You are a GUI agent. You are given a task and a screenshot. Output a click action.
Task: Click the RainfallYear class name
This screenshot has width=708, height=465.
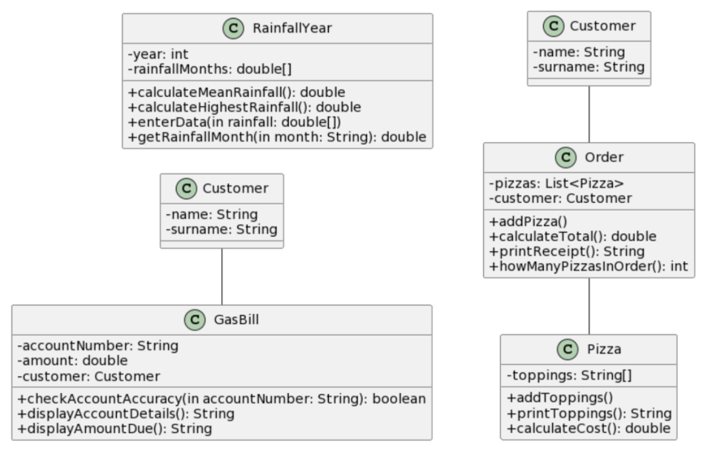point(292,28)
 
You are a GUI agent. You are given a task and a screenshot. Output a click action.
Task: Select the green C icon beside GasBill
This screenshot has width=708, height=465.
point(195,320)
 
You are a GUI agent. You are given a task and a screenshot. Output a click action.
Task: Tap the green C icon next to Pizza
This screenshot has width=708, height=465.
point(568,349)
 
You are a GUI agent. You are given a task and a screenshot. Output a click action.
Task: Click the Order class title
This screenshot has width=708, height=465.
point(604,157)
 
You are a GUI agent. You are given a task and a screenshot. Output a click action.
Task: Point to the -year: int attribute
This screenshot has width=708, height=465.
point(158,54)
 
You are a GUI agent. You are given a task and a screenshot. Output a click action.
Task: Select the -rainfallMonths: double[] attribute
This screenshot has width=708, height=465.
point(210,69)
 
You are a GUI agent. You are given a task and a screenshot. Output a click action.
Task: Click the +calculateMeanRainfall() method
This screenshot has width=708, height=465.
point(237,92)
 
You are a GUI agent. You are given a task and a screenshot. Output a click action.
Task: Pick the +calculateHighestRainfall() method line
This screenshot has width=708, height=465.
point(244,107)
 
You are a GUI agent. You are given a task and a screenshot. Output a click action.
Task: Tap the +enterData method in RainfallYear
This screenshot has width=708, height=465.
point(234,122)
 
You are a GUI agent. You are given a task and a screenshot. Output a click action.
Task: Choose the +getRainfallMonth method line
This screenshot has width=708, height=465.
point(277,137)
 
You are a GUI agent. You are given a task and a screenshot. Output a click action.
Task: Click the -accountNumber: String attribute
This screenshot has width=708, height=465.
point(98,346)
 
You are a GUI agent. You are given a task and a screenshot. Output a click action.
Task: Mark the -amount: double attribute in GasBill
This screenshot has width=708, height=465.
point(73,361)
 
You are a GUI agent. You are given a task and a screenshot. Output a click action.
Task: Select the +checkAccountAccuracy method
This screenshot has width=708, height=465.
point(222,398)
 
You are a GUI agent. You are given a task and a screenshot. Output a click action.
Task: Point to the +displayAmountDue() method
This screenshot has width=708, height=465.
point(115,429)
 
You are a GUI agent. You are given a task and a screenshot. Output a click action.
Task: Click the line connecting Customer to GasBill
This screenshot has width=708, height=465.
point(222,277)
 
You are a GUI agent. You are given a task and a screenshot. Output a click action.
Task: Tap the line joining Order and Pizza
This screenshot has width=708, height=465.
point(589,306)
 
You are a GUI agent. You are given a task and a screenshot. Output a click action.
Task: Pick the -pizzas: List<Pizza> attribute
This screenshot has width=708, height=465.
point(556,184)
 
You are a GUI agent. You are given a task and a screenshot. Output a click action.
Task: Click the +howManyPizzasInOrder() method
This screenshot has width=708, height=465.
point(589,267)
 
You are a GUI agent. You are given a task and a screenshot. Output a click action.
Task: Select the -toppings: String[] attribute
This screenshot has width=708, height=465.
point(569,375)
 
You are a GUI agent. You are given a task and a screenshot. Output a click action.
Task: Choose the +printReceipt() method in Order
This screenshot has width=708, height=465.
point(567,252)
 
